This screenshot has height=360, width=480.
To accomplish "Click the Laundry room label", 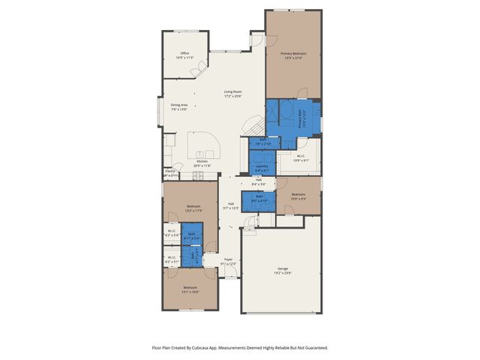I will point(262,166).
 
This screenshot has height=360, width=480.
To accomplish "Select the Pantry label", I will point(169,172).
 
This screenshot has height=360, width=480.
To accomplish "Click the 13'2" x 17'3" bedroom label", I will point(193,208).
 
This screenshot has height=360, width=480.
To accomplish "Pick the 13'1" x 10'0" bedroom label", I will point(190,289).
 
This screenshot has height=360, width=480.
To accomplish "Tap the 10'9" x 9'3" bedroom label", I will point(298,196).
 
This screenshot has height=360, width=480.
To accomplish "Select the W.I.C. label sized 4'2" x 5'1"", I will point(171,259).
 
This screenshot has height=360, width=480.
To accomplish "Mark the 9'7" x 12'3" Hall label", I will point(231,206).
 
